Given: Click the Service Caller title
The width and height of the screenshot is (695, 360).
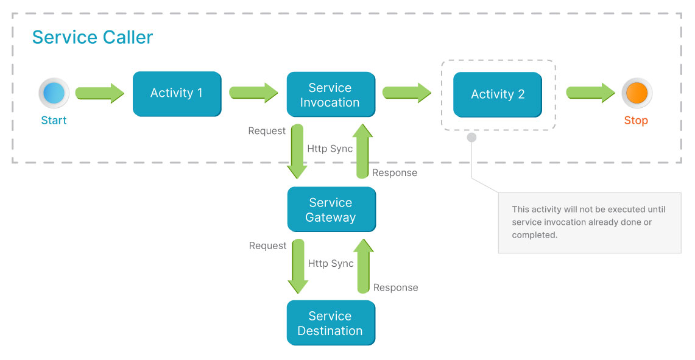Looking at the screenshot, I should tap(93, 37).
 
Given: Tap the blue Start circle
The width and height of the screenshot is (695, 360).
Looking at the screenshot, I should tap(54, 93).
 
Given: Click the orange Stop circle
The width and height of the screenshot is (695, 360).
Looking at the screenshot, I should tap(637, 93).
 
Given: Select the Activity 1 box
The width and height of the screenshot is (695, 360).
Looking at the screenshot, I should tap(177, 93).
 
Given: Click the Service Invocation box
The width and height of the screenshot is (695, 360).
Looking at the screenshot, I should tap(330, 94).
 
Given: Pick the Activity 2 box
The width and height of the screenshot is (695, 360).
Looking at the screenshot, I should tap(497, 94).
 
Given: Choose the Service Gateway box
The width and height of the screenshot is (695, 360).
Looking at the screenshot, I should tap(331, 210).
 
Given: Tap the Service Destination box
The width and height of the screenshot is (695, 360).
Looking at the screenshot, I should tap(330, 323).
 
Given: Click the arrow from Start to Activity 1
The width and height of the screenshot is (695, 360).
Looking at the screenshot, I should tap(99, 93).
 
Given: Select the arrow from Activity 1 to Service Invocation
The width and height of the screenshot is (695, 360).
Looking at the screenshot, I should tap(253, 93).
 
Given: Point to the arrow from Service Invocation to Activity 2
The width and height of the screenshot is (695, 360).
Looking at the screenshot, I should tap(407, 93).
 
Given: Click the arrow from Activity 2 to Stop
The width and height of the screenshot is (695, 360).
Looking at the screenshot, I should tap(590, 93).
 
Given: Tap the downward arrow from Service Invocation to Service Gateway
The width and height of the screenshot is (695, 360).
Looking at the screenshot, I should tap(297, 151).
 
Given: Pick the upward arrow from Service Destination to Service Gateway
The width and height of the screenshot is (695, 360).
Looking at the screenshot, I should tap(364, 266).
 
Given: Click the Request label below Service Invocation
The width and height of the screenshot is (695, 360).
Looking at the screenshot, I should tap(267, 131).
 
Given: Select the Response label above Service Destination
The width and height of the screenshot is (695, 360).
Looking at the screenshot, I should tap(395, 288).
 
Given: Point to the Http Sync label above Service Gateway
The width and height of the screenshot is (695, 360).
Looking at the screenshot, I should tap(330, 149).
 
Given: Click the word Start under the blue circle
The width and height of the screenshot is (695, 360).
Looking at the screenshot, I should tap(54, 121).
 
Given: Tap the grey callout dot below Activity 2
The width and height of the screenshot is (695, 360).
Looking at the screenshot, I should tap(471, 138).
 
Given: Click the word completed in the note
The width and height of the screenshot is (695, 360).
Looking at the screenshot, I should tap(534, 235).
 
